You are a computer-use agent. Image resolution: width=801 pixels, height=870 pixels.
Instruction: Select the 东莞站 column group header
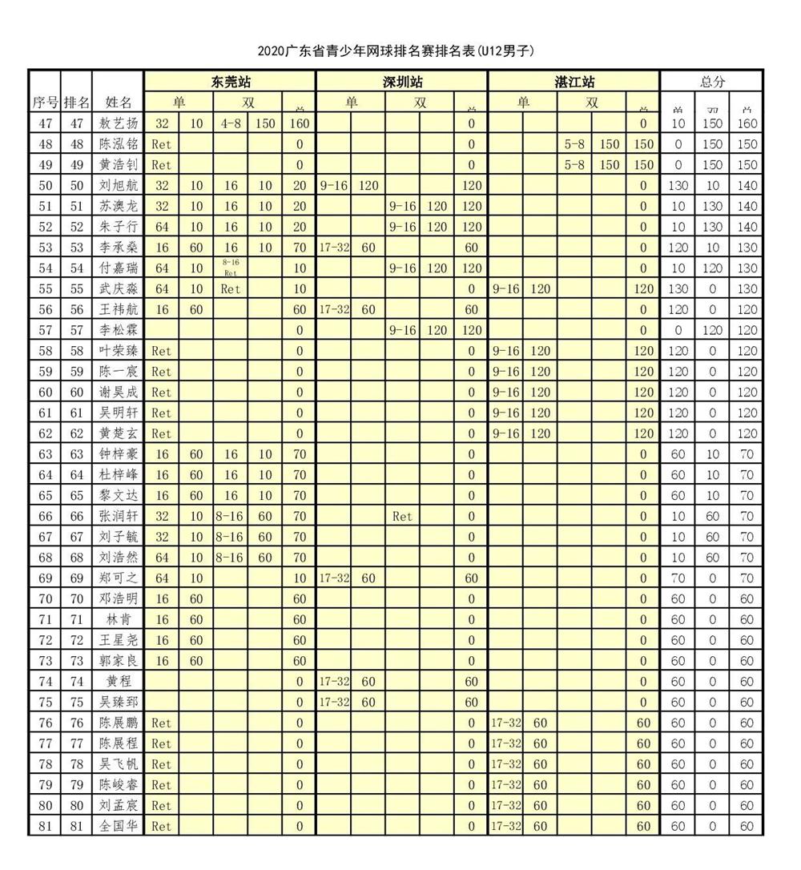click(230, 82)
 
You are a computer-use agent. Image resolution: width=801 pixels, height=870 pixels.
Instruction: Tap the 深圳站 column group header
click(402, 82)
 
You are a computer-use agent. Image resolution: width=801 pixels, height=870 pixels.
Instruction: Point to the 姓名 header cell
click(118, 102)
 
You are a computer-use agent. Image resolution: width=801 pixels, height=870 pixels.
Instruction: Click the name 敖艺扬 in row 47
click(118, 123)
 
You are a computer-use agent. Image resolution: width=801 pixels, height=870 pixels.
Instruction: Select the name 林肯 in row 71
click(118, 619)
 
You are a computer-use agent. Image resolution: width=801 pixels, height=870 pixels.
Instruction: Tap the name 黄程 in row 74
click(118, 682)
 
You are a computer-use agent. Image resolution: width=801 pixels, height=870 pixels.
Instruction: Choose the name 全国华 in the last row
click(118, 826)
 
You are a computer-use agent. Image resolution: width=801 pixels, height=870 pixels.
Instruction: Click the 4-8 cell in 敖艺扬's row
click(231, 123)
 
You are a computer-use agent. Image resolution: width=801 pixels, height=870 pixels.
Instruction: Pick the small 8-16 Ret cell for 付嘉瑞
click(231, 268)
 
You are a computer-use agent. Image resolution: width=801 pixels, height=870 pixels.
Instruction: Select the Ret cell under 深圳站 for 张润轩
click(403, 517)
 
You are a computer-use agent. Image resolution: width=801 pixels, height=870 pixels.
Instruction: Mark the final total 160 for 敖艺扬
click(747, 123)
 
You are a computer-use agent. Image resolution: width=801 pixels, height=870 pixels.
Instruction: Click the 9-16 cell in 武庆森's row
click(506, 288)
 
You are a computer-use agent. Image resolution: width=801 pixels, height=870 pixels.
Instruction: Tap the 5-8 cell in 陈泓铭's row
click(575, 144)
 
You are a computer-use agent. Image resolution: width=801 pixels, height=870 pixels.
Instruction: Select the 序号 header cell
click(45, 102)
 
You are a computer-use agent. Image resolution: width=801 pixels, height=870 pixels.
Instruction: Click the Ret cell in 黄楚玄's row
click(162, 433)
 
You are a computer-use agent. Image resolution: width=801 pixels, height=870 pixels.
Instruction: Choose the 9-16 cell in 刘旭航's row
click(334, 185)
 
